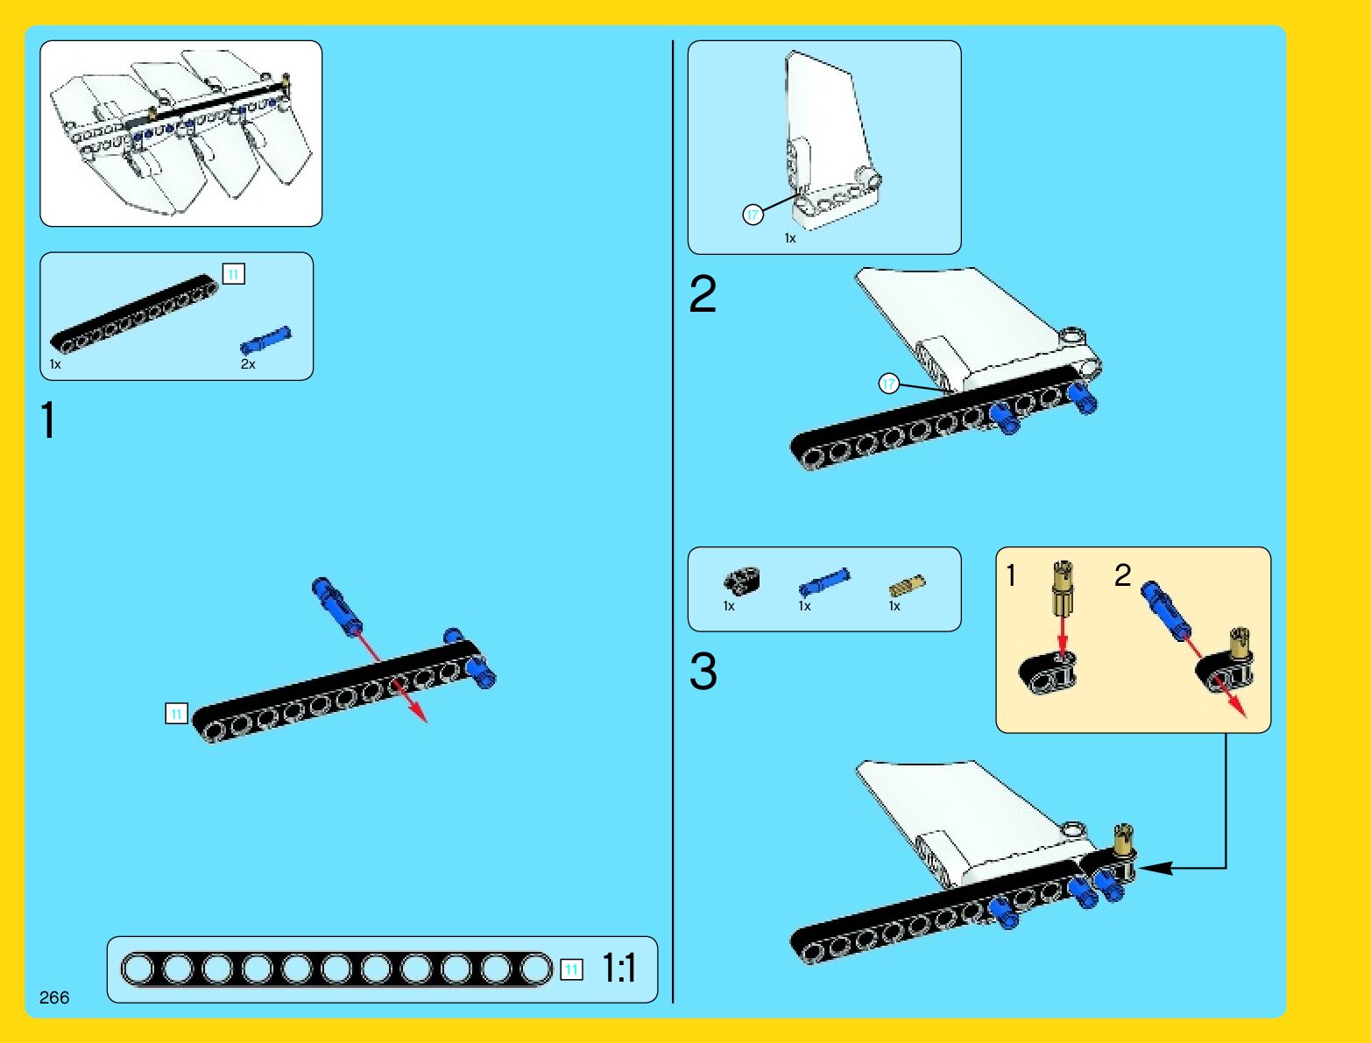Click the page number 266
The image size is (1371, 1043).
pyautogui.click(x=54, y=997)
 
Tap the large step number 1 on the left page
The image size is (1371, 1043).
pyautogui.click(x=48, y=420)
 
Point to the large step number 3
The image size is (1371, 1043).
pyautogui.click(x=703, y=671)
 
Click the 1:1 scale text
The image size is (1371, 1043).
pyautogui.click(x=619, y=968)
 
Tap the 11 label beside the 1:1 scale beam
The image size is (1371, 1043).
pyautogui.click(x=571, y=969)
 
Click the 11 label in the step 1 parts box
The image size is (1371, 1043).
pyautogui.click(x=234, y=274)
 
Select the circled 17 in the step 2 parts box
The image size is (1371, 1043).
pyautogui.click(x=753, y=215)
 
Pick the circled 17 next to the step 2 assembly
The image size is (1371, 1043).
pyautogui.click(x=888, y=384)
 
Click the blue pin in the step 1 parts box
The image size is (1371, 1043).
pyautogui.click(x=266, y=340)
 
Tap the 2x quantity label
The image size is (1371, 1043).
pyautogui.click(x=248, y=364)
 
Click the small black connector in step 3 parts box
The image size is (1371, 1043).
pyautogui.click(x=741, y=580)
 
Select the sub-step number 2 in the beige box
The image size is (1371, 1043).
pyautogui.click(x=1122, y=574)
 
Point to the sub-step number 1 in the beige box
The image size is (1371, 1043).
pyautogui.click(x=1011, y=575)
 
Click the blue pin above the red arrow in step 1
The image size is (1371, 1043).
pyautogui.click(x=336, y=606)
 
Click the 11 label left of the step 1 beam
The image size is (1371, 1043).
pyautogui.click(x=176, y=714)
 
